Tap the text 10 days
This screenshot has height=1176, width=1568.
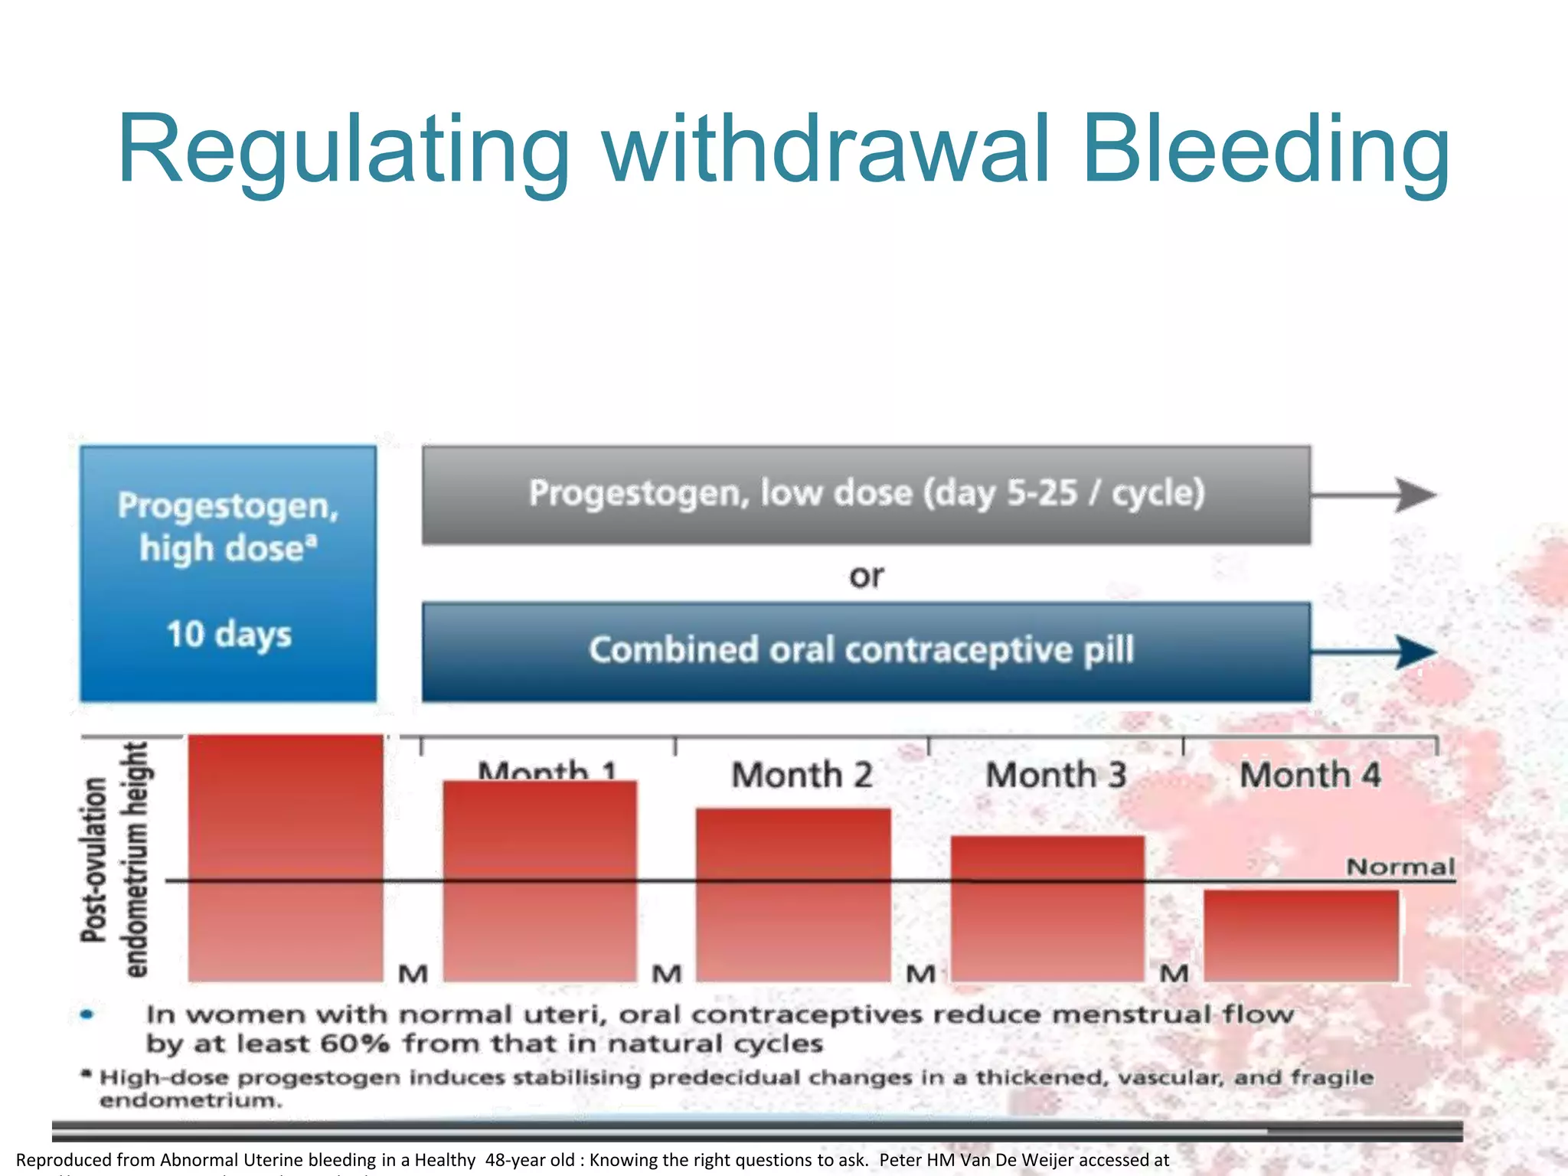pyautogui.click(x=229, y=635)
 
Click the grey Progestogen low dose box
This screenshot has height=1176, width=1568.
pyautogui.click(x=866, y=495)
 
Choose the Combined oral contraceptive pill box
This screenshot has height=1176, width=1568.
pyautogui.click(x=866, y=652)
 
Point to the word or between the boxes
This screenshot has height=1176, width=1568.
pyautogui.click(x=866, y=576)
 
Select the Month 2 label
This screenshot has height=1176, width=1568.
pyautogui.click(x=802, y=775)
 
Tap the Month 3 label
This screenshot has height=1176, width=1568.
pyautogui.click(x=1056, y=775)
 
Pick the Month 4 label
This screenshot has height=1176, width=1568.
pyautogui.click(x=1310, y=775)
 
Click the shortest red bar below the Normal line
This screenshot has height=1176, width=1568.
pyautogui.click(x=1301, y=936)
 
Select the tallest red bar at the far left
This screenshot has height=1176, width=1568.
pyautogui.click(x=286, y=857)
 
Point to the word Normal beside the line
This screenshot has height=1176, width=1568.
pyautogui.click(x=1400, y=867)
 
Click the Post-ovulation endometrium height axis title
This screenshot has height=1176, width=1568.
pyautogui.click(x=115, y=859)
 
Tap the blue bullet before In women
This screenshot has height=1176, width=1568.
pyautogui.click(x=87, y=1014)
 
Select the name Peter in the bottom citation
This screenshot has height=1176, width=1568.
pyautogui.click(x=900, y=1160)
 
